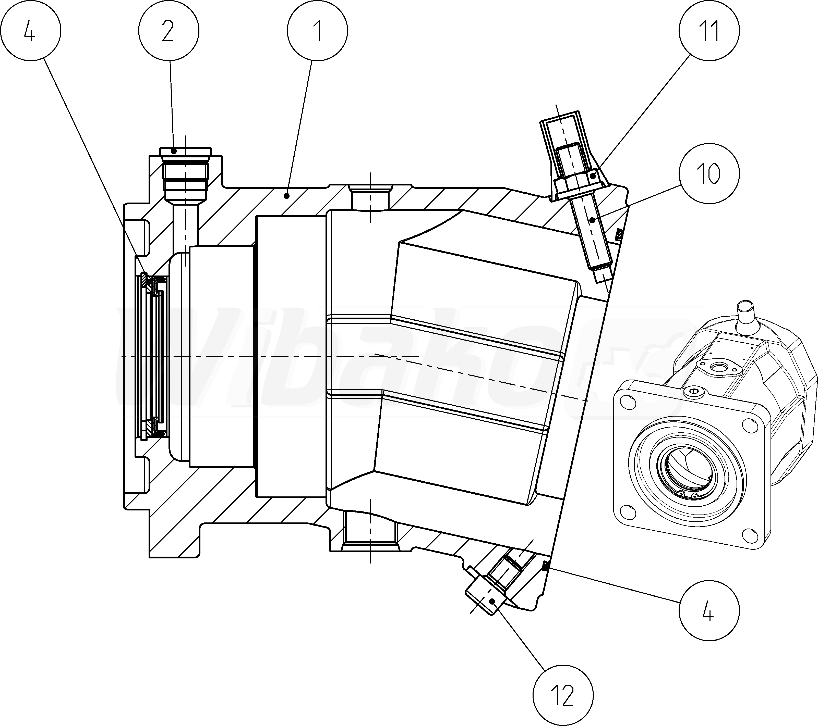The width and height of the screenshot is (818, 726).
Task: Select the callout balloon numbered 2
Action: (x=169, y=31)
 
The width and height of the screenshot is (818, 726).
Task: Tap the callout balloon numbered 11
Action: (x=709, y=31)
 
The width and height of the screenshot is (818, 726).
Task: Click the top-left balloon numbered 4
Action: (x=31, y=31)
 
